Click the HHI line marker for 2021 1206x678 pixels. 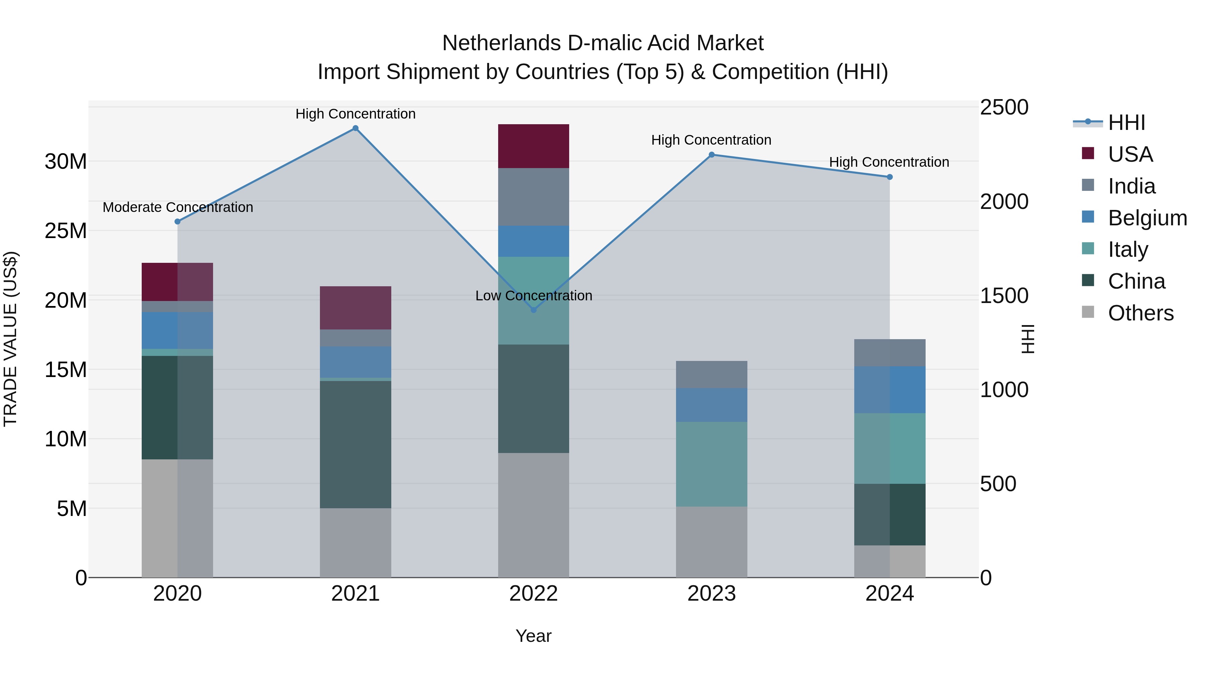pyautogui.click(x=355, y=128)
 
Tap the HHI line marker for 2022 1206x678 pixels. pyautogui.click(x=533, y=310)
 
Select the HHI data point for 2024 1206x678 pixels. pyautogui.click(x=889, y=177)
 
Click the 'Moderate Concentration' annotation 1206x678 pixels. pyautogui.click(x=178, y=207)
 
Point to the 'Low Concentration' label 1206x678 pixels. pyautogui.click(x=533, y=296)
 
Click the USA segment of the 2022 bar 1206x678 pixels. pyautogui.click(x=533, y=146)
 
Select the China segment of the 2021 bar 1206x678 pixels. pyautogui.click(x=355, y=445)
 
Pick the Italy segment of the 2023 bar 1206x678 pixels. pyautogui.click(x=711, y=464)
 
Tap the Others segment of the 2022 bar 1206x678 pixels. pyautogui.click(x=533, y=515)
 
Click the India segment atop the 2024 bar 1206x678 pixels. pyautogui.click(x=889, y=353)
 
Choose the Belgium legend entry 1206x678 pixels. pyautogui.click(x=1147, y=218)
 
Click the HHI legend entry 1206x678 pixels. pyautogui.click(x=1126, y=123)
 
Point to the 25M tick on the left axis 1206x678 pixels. pyautogui.click(x=66, y=231)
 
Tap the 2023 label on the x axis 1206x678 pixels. pyautogui.click(x=711, y=594)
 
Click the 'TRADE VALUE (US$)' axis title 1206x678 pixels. pyautogui.click(x=11, y=339)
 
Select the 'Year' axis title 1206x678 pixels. pyautogui.click(x=533, y=636)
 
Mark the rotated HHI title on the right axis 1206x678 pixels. pyautogui.click(x=1028, y=339)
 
